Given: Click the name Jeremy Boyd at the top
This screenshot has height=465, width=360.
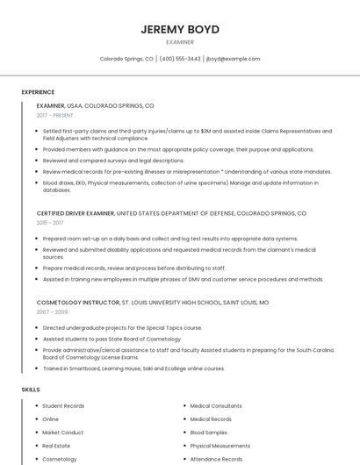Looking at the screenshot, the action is coord(180,29).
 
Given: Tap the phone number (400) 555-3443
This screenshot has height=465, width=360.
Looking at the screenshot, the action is coord(180,59).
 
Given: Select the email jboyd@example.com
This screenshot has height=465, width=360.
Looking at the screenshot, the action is coord(233,59).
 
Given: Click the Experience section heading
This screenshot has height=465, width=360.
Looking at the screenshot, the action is coord(38,92).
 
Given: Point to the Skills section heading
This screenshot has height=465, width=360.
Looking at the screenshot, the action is coord(31,389).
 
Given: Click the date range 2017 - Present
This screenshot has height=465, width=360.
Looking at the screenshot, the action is coord(55,115).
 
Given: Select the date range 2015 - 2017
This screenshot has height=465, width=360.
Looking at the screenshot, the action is coord(50,223).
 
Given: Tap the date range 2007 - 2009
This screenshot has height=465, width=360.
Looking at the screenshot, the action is coord(51,311).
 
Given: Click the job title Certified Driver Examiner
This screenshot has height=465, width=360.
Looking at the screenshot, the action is coord(76,213).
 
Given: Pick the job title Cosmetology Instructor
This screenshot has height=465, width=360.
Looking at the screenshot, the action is coord(78,302).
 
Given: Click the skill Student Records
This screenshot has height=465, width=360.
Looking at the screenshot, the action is coord(63,406).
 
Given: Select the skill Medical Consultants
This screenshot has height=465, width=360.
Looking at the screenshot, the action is coord(215,406).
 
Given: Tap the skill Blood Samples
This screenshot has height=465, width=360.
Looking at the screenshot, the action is coord(208,433).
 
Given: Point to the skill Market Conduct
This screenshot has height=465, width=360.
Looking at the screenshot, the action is coord(62,433).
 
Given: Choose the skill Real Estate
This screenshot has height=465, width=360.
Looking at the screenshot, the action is coord(56,446).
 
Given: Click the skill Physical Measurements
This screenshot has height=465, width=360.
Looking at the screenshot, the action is coord(220,446).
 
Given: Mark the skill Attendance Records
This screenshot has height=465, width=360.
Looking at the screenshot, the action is coord(216,459).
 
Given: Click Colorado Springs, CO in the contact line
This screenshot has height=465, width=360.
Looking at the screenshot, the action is coord(126,59).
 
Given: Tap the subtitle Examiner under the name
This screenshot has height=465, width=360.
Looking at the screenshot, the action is coord(180,42).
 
